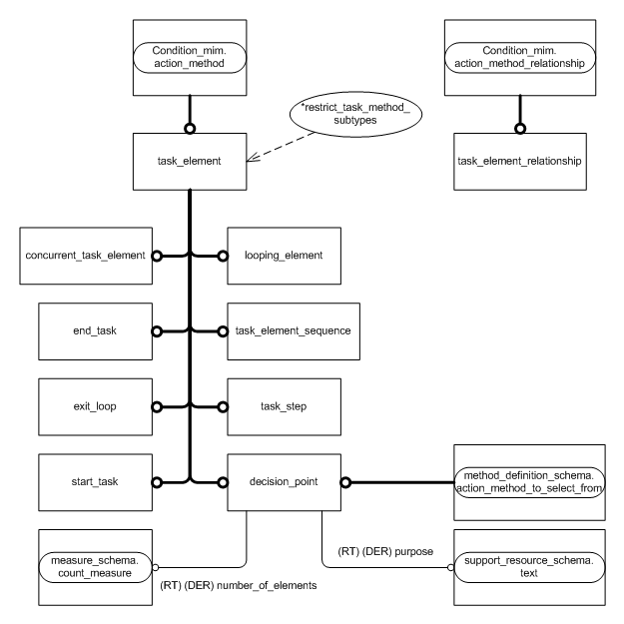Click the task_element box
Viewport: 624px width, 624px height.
click(x=188, y=159)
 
